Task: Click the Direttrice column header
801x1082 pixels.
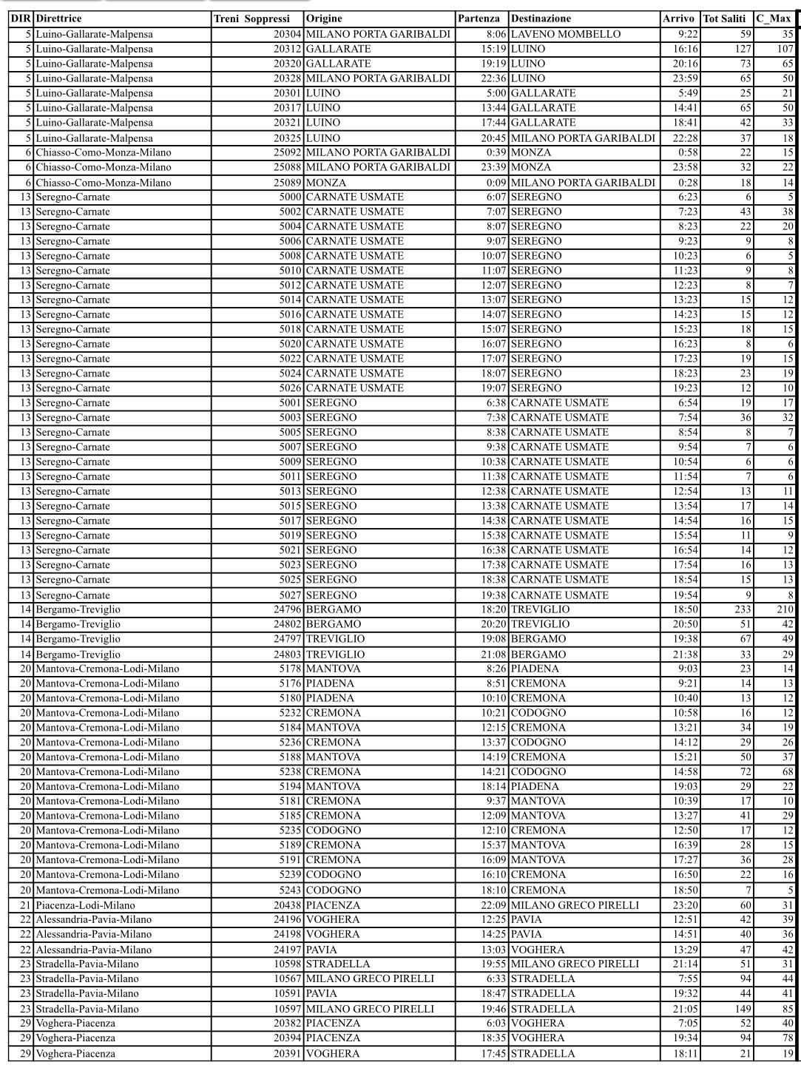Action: (x=59, y=18)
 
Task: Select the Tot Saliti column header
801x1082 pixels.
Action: (x=724, y=18)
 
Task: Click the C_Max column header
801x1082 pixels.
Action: (x=774, y=18)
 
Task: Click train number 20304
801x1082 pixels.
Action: (x=287, y=34)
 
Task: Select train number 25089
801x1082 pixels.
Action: (x=287, y=182)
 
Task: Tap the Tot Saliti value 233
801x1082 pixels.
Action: (x=742, y=609)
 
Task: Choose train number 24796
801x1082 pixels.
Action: (x=287, y=609)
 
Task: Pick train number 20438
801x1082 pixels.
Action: (x=287, y=905)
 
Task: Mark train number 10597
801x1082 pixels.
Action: (x=287, y=1009)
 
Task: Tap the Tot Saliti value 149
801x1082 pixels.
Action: (x=742, y=1009)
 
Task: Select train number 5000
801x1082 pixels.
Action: (x=290, y=197)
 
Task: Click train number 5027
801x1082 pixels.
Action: (x=290, y=595)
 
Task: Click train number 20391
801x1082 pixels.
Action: (x=287, y=1053)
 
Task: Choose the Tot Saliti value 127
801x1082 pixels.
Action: (x=742, y=49)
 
